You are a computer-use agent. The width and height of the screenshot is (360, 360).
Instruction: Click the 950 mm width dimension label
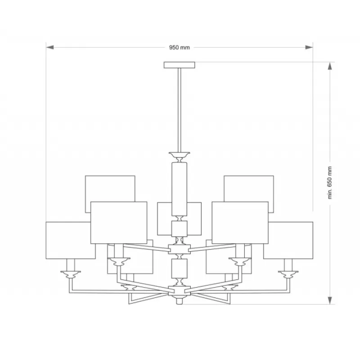click(x=180, y=48)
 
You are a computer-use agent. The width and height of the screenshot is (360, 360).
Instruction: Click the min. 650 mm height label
click(x=330, y=183)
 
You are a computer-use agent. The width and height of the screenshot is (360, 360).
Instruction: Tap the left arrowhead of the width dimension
click(x=50, y=47)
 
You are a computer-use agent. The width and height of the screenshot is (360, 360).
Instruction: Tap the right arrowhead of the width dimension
click(x=309, y=47)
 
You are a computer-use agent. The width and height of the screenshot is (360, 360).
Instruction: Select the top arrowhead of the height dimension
click(x=330, y=66)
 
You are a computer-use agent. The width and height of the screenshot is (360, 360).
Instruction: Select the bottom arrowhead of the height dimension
click(x=330, y=301)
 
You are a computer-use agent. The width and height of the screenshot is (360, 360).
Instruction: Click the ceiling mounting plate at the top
click(x=179, y=65)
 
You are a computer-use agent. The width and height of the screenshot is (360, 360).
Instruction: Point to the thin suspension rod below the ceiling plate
click(x=180, y=110)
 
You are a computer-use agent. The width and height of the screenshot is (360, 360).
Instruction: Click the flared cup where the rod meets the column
click(x=180, y=155)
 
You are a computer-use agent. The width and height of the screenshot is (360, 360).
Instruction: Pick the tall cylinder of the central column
click(x=180, y=189)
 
